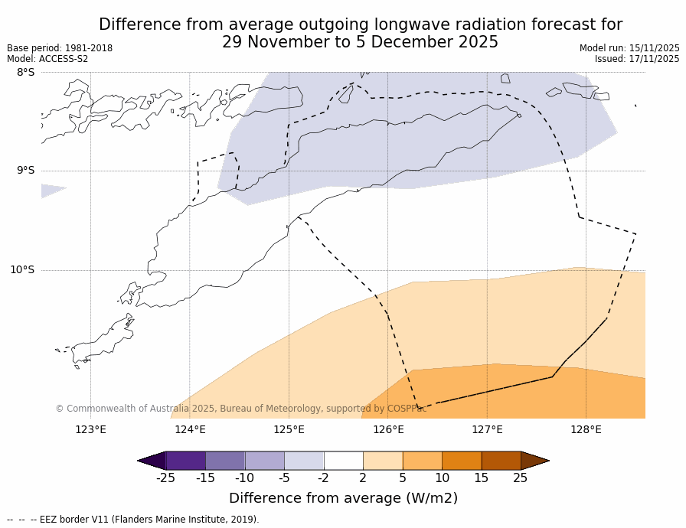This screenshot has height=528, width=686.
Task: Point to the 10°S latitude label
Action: [x=22, y=269]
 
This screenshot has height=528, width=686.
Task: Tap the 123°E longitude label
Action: [x=90, y=429]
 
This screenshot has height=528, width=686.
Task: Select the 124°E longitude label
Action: [x=190, y=429]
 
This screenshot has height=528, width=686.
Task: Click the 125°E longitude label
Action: [x=289, y=429]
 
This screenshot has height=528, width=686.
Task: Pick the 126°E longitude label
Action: [x=388, y=429]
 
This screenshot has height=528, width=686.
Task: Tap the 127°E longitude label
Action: [x=487, y=429]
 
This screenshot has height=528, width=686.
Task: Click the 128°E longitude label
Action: [x=586, y=429]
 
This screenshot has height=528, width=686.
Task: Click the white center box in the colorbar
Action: [x=343, y=461]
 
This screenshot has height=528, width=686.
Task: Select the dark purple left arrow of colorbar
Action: [x=152, y=461]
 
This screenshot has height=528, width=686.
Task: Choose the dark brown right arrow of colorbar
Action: [x=534, y=461]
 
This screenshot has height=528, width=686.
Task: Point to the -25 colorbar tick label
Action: [x=165, y=478]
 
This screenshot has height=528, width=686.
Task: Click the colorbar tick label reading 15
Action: [x=481, y=478]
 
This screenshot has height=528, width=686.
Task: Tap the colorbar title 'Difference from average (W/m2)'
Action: [x=343, y=498]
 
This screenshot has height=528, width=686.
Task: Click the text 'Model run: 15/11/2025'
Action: [x=629, y=48]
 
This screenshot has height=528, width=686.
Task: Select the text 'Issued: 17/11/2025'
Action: [x=637, y=59]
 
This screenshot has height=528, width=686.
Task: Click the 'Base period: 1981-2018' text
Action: [x=60, y=48]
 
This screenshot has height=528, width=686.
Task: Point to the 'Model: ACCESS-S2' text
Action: [x=47, y=59]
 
